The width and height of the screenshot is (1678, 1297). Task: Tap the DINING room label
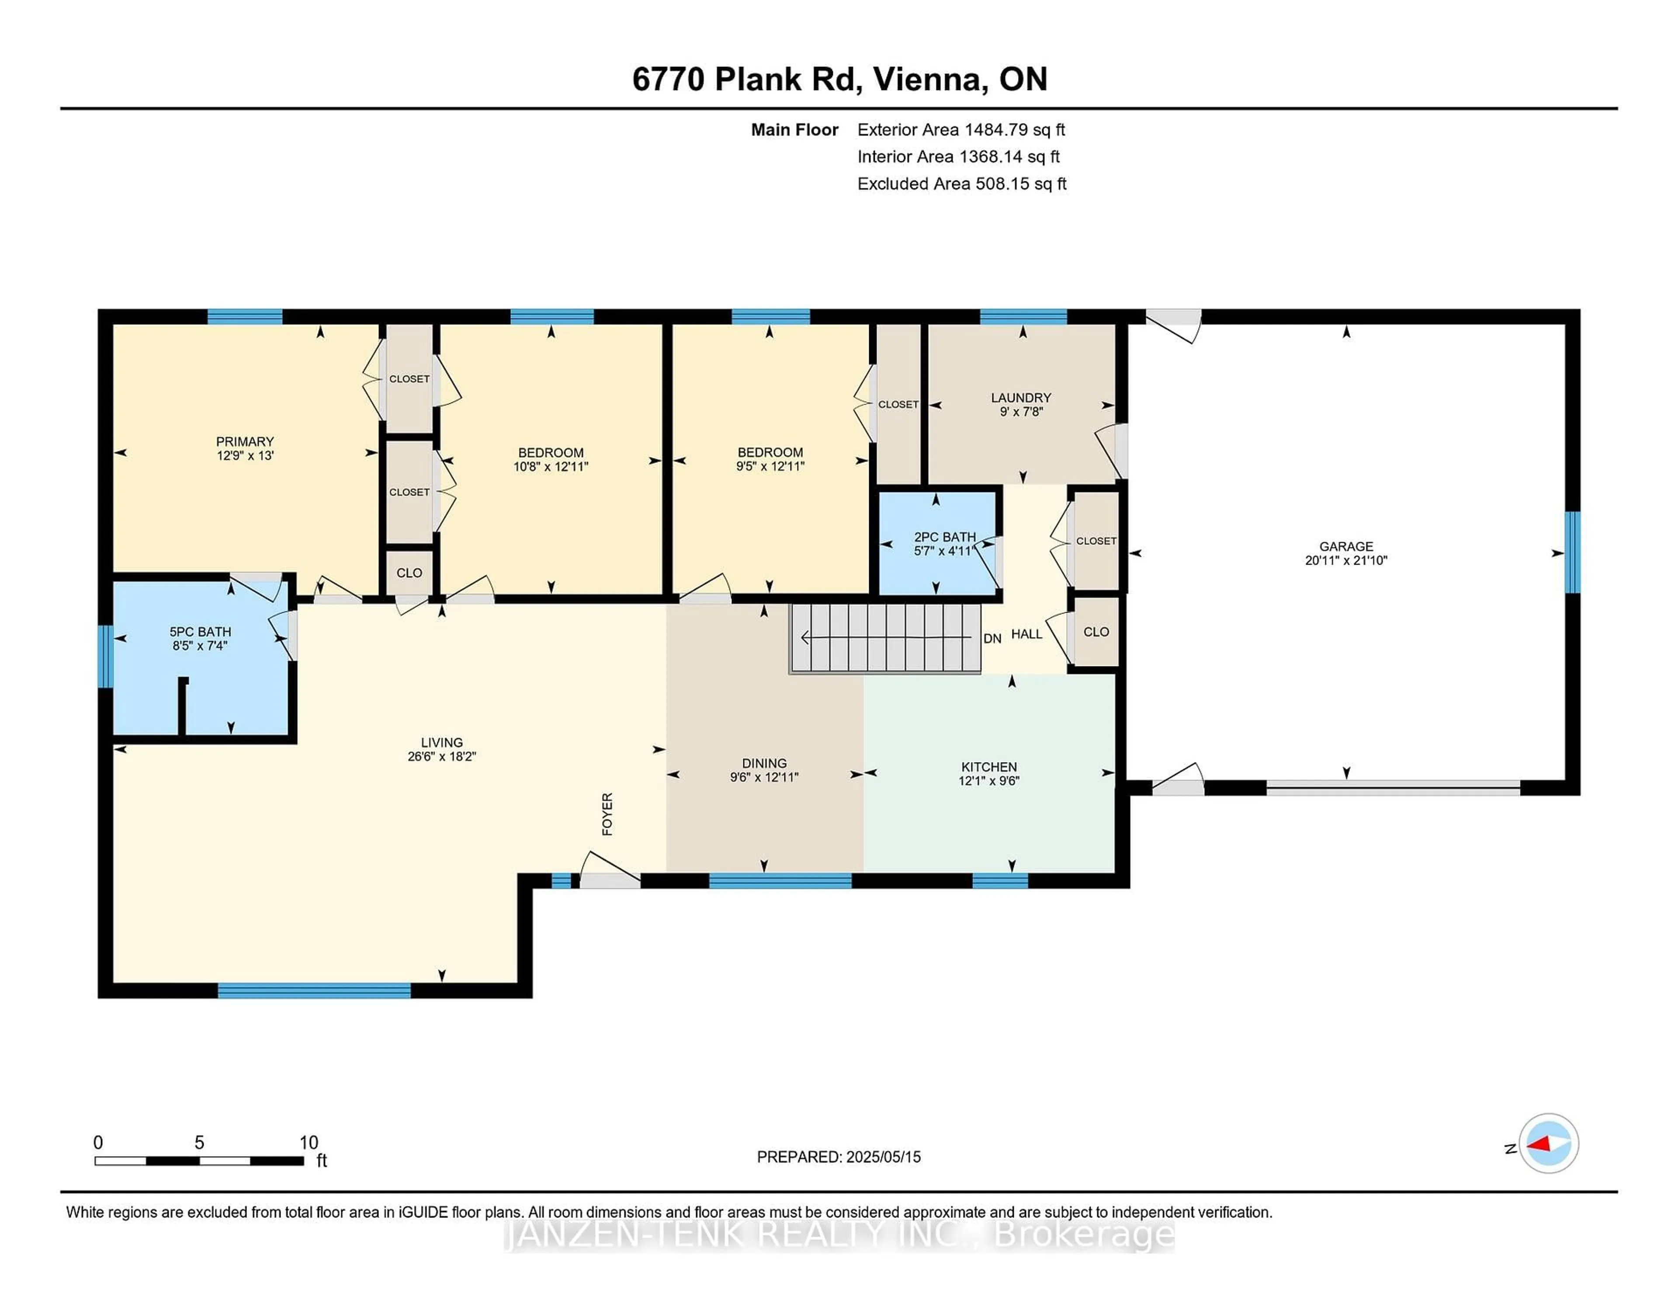764,763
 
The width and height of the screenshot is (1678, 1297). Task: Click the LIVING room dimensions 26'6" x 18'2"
442,756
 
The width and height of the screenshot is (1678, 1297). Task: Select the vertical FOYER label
607,814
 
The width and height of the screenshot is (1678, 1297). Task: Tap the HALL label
1026,634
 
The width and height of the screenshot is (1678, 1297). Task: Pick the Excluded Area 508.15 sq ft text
961,184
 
